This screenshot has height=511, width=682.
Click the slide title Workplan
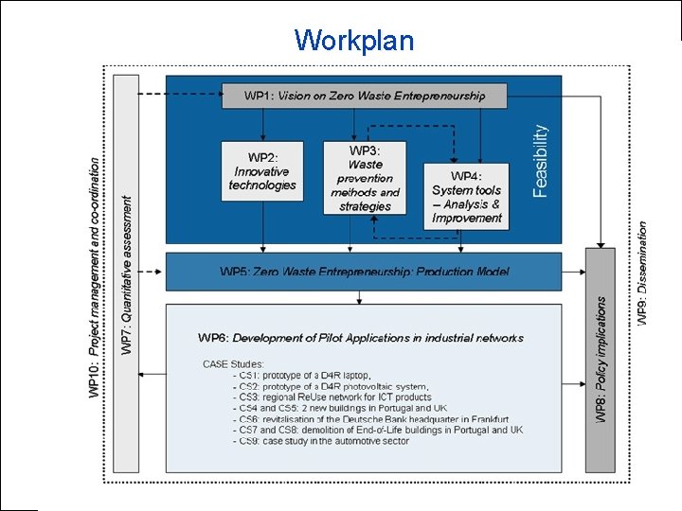[x=353, y=41]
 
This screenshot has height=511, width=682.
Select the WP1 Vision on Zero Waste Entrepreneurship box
[x=365, y=96]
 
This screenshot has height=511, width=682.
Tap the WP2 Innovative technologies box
[x=262, y=171]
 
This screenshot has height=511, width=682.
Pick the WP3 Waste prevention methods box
[x=365, y=178]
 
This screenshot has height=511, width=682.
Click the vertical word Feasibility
[x=541, y=161]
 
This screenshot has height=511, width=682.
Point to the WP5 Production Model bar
[x=364, y=272]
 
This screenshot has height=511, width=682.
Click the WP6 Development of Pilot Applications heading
[x=361, y=338]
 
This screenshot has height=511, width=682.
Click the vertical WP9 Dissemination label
[x=643, y=274]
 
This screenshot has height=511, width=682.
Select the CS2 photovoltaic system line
[x=320, y=386]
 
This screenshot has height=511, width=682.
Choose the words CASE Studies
[x=233, y=363]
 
